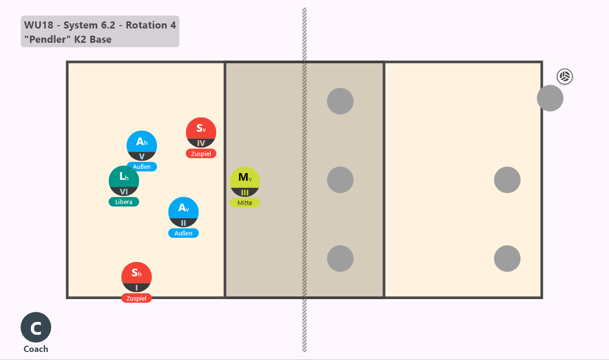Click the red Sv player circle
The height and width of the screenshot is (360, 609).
tap(201, 133)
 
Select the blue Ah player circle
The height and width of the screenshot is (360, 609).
tap(142, 146)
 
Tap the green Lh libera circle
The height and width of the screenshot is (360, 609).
tap(124, 181)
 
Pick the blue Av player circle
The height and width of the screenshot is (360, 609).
tap(183, 212)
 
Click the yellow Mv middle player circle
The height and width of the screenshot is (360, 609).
tap(245, 182)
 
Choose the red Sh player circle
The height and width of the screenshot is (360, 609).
tap(137, 277)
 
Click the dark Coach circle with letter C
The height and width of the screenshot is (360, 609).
tap(36, 327)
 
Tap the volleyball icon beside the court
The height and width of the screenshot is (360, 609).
tap(565, 77)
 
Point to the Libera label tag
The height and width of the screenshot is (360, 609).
tap(124, 202)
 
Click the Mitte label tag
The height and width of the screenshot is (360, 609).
tap(245, 203)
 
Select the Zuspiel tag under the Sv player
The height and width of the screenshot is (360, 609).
tap(201, 154)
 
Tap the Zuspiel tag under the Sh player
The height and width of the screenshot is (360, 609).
tap(137, 298)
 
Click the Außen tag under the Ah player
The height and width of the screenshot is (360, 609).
tap(142, 166)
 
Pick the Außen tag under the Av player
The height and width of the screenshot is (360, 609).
tap(183, 233)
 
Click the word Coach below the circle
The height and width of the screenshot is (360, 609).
tap(36, 349)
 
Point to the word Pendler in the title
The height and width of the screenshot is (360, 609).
tap(48, 39)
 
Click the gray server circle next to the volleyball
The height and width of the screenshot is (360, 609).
tap(550, 98)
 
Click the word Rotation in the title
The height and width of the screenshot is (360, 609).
tap(146, 25)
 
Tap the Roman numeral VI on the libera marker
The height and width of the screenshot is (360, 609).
tap(124, 192)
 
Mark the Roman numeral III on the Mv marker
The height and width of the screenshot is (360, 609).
tap(245, 193)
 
